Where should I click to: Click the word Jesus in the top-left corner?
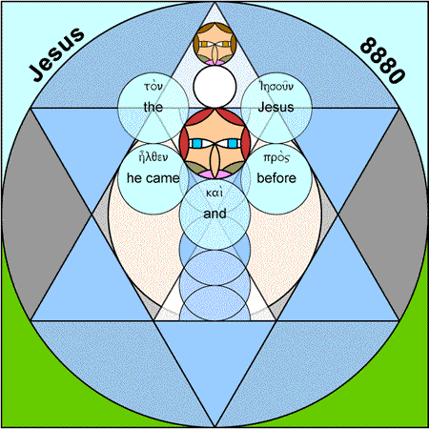pos(57,54)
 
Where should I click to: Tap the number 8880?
pos(383,60)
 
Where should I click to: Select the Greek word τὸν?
pos(153,86)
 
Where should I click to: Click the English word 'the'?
pos(153,107)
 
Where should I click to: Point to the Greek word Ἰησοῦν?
pos(276,86)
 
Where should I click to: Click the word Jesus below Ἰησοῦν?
pos(276,107)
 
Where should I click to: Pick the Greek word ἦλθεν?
pos(153,157)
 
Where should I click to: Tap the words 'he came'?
pos(153,178)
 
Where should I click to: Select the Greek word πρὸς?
pos(276,158)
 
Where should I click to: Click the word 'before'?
pos(276,178)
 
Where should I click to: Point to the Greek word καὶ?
pos(214,193)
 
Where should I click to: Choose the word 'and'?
pos(214,214)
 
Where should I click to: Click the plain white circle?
pos(214,87)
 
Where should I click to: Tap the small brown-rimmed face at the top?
pos(214,44)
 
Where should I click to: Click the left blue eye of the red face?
pos(197,144)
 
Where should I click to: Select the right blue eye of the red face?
pos(233,144)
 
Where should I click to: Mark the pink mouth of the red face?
pos(214,174)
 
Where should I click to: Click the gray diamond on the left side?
pos(47,214)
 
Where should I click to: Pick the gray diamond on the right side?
pos(382,214)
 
